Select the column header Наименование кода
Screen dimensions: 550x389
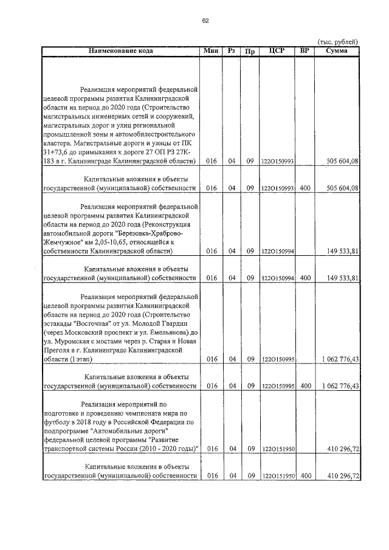(121, 50)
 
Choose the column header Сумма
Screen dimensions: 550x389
(336, 50)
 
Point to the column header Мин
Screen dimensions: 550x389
(211, 50)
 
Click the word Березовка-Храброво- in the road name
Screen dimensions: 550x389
(147, 233)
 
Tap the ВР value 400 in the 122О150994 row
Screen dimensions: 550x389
(305, 278)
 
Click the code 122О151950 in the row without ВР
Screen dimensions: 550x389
(278, 449)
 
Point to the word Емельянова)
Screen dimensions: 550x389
(165, 332)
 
